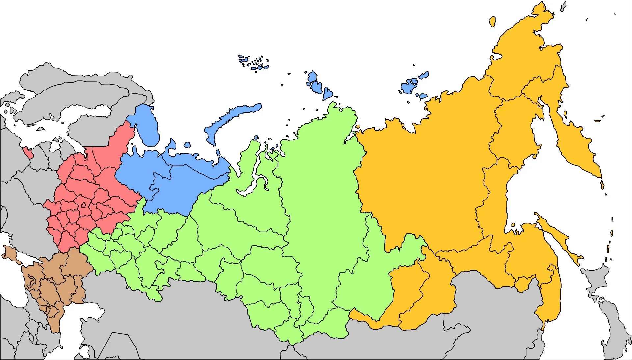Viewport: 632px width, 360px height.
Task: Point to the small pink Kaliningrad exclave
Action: [28, 152]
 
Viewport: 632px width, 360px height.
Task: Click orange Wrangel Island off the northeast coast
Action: [492, 22]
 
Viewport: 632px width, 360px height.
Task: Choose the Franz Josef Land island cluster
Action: [253, 63]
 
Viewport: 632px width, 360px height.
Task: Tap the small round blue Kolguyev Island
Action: [187, 145]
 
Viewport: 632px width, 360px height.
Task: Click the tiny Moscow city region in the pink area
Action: [83, 205]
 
